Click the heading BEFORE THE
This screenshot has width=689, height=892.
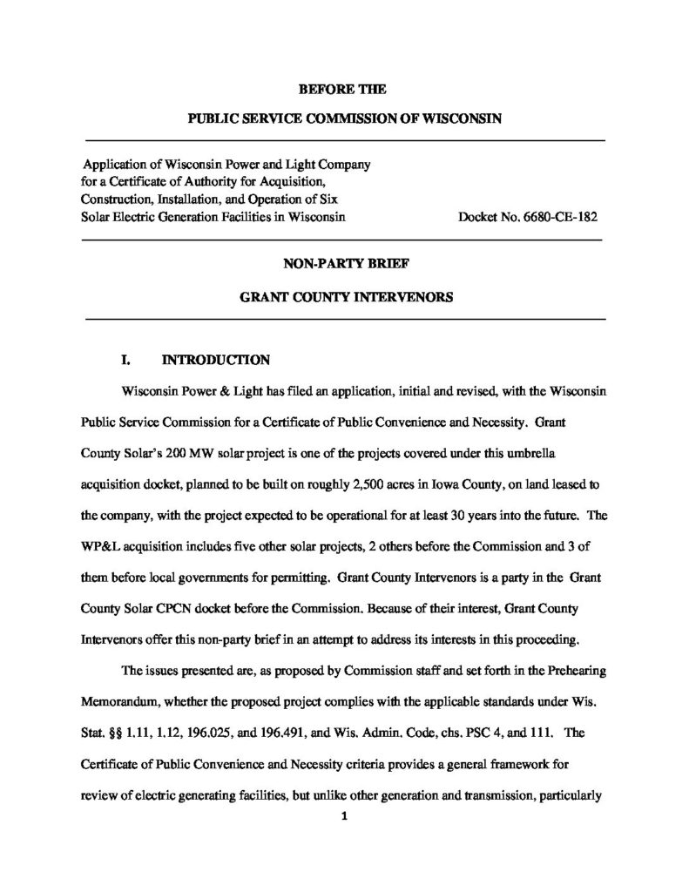point(343,89)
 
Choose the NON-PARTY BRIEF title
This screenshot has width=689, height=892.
point(344,260)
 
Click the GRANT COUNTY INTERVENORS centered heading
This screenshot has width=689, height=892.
point(344,296)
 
